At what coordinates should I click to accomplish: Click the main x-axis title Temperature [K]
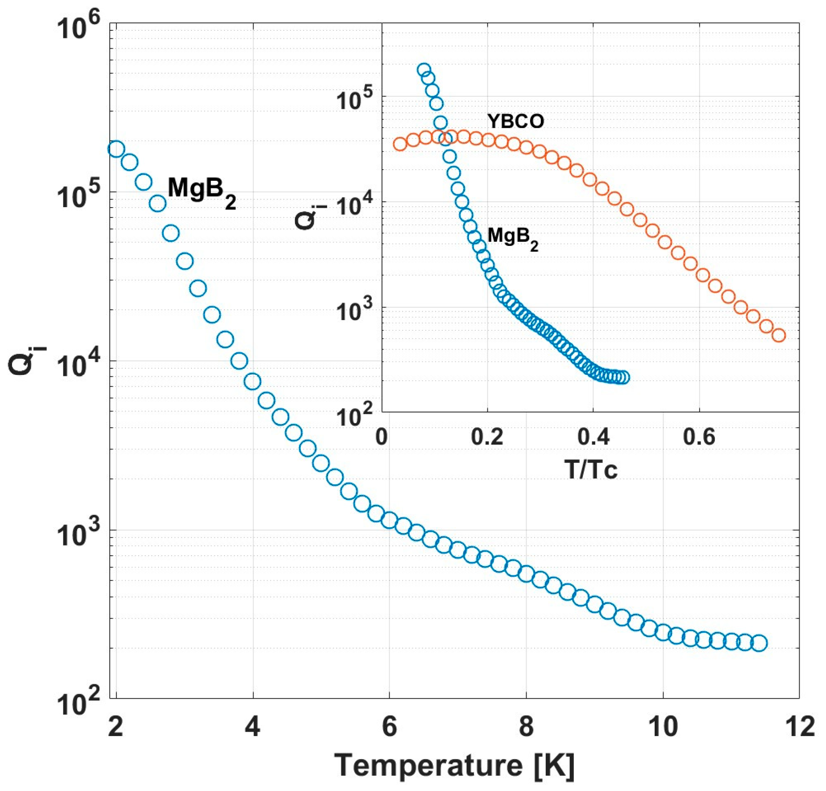tap(454, 766)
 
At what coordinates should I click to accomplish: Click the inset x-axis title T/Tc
tap(591, 469)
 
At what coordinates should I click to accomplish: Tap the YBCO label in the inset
tap(515, 121)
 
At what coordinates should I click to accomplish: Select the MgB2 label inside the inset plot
tap(512, 237)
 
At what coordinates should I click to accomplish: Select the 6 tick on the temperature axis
tap(389, 726)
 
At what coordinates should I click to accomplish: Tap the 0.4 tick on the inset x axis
tap(593, 436)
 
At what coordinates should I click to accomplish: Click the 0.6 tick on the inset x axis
tap(699, 436)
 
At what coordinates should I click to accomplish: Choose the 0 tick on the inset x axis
tap(382, 436)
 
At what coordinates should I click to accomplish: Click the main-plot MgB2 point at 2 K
tap(116, 149)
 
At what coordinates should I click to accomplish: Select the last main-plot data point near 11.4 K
tap(759, 643)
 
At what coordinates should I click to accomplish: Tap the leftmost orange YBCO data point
tap(400, 144)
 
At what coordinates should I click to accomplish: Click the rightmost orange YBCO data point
tap(779, 335)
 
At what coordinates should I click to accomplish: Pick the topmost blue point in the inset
tap(424, 70)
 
